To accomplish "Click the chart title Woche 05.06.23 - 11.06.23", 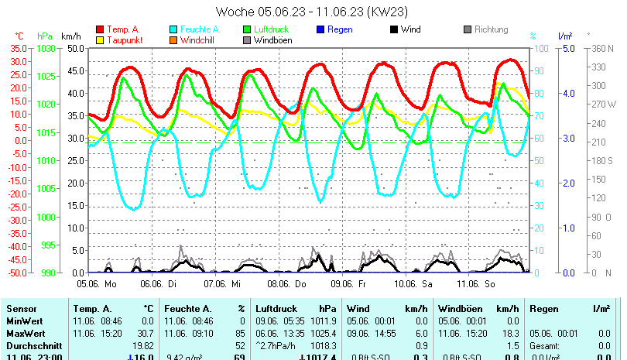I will [312, 12].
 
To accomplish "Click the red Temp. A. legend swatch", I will [100, 29].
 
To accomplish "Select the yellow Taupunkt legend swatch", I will [100, 39].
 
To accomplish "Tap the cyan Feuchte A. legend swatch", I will [173, 29].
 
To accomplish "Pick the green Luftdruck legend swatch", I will [247, 29].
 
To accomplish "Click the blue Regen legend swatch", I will [320, 29].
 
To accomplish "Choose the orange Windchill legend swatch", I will [173, 39].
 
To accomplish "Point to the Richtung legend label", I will [491, 29].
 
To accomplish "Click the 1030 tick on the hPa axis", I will [46, 48].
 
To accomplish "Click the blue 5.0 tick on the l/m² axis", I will [566, 48].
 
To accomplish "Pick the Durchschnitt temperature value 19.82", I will [142, 345].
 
